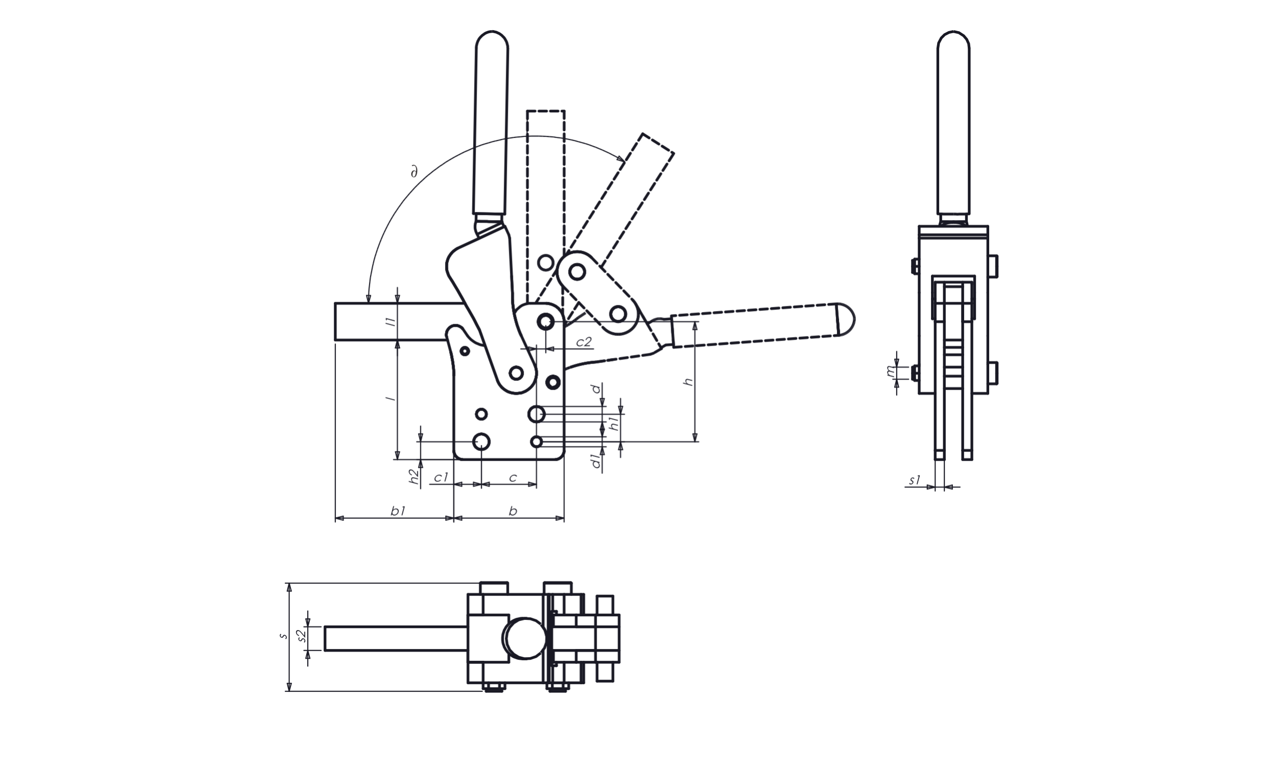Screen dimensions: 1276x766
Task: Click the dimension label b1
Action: pos(398,511)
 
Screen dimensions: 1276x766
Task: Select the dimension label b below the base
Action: pos(512,511)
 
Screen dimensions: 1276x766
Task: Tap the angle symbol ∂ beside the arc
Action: pos(413,171)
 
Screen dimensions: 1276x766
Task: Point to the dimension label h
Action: pos(688,381)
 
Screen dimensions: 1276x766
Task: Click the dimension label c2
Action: pos(584,342)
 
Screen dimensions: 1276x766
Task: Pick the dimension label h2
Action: pos(414,476)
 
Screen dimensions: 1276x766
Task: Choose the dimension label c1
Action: pos(441,477)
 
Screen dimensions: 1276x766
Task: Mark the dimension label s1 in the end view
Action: pos(915,480)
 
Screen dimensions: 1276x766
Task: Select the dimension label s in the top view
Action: pos(283,635)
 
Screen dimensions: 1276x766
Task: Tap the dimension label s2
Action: pos(303,635)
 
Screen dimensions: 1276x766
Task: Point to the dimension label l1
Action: pos(391,321)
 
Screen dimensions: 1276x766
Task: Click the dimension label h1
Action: pos(614,424)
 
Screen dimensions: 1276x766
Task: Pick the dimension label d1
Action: pos(597,461)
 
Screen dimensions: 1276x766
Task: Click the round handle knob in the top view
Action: pos(526,638)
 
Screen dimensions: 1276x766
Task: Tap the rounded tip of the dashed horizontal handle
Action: pos(845,319)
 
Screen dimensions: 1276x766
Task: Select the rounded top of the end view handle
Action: pos(953,40)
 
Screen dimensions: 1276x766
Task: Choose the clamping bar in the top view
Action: pos(396,638)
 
